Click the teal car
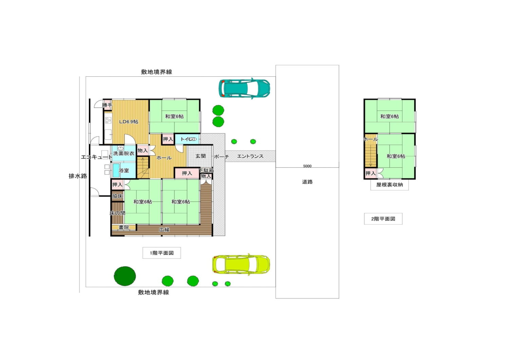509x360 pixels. (x=244, y=89)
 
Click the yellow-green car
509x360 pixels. (x=241, y=265)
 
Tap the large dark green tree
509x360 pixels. (x=125, y=276)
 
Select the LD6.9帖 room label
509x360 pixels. (x=129, y=121)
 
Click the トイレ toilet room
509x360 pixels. (x=187, y=139)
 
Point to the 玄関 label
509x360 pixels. (x=201, y=156)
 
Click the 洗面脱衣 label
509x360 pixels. (x=124, y=153)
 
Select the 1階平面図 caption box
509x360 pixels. (x=162, y=253)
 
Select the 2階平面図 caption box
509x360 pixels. (x=383, y=219)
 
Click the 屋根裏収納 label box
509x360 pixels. (x=390, y=185)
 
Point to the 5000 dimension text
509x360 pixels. (x=307, y=166)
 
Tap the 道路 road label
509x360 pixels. (x=307, y=182)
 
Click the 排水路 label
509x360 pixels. (x=78, y=176)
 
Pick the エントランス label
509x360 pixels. (x=250, y=156)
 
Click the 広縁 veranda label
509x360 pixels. (x=164, y=230)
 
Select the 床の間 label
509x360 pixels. (x=117, y=213)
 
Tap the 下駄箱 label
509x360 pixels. (x=206, y=170)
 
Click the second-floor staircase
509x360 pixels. (x=371, y=156)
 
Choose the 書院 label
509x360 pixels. (x=124, y=227)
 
